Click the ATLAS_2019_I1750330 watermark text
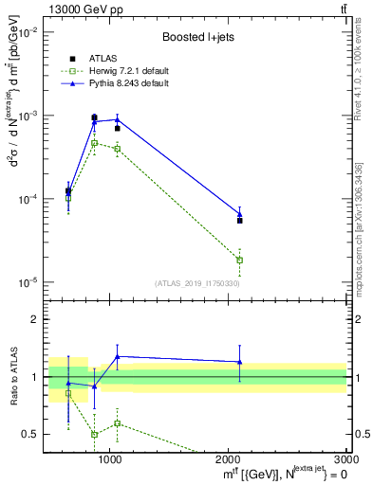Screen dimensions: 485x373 (198, 283)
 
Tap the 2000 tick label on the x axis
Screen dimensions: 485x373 (229, 459)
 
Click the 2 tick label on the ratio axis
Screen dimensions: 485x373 (35, 320)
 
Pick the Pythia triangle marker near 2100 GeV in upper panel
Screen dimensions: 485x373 (240, 213)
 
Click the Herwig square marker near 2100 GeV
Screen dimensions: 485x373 (240, 260)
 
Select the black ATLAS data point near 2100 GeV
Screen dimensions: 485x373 (240, 220)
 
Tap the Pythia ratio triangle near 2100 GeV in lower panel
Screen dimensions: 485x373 (240, 362)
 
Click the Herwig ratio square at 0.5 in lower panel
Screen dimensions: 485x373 (94, 434)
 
